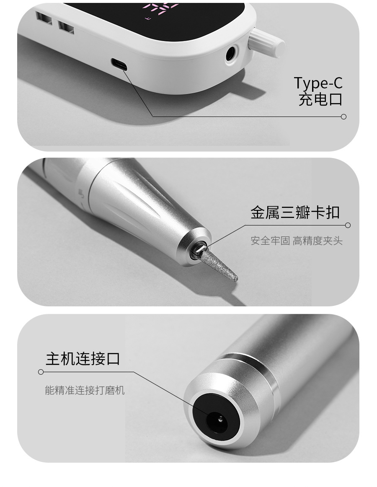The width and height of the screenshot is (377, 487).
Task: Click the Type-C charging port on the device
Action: (119, 64)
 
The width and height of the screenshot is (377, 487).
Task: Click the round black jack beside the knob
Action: (231, 54)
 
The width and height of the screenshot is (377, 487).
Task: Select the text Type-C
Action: (318, 83)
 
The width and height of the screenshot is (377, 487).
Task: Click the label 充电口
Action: (320, 99)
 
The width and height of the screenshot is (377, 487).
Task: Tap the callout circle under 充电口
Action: (343, 117)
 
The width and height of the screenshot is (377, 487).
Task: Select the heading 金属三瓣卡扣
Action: (295, 212)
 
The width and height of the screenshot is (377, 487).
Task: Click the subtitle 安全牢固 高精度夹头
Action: (297, 241)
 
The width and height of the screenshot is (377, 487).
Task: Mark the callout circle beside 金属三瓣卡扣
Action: (348, 225)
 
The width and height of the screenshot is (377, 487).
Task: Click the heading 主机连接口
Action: (83, 358)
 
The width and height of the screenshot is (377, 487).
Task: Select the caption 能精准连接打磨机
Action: (85, 390)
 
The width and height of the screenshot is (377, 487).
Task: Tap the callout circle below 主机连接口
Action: (41, 372)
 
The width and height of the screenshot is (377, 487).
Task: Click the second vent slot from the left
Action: (67, 27)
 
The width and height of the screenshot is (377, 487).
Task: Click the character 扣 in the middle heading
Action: (333, 212)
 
